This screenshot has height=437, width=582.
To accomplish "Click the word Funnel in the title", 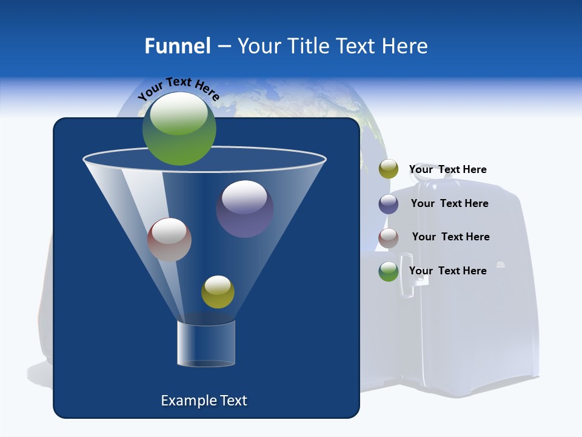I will tap(177, 46).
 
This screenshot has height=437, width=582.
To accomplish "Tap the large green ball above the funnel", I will tap(179, 128).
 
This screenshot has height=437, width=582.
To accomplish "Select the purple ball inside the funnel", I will tap(244, 208).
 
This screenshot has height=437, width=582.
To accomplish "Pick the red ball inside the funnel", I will tap(169, 240).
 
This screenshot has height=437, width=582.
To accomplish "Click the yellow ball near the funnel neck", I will tap(218, 292).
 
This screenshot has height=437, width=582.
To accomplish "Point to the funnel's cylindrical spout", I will tap(206, 344).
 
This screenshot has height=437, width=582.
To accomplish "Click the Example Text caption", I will tap(204, 401).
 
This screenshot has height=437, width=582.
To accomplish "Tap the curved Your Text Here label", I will tap(178, 89).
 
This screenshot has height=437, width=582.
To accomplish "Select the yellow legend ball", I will tap(389, 169).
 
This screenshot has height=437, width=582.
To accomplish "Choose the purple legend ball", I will tap(389, 204).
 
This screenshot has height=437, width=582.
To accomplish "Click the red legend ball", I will tap(389, 238).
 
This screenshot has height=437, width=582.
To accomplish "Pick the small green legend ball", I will tap(389, 271).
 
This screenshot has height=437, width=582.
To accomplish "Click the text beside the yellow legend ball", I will tap(447, 169).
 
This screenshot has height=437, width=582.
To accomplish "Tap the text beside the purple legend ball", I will tap(449, 203).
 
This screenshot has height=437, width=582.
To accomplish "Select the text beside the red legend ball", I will tap(450, 237).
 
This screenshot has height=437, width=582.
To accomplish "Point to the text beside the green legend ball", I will tap(447, 271).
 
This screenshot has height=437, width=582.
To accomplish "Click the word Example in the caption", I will tap(184, 401).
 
